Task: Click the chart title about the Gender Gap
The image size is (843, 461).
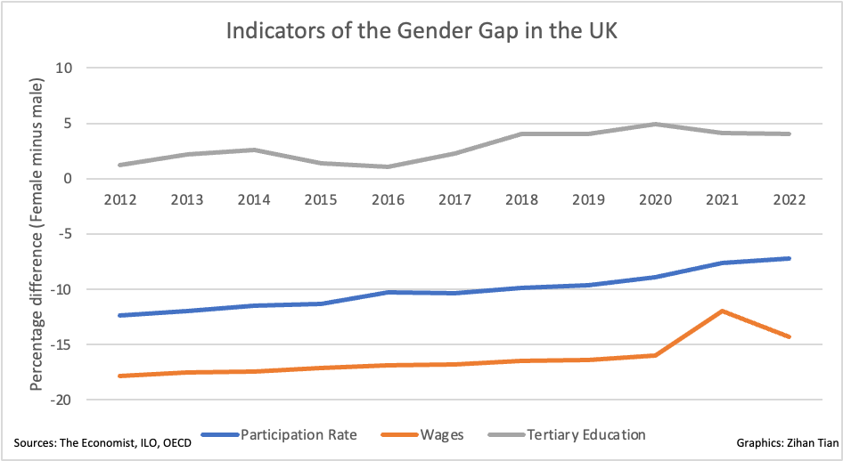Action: [x=421, y=31]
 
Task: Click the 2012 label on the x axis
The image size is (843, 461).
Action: [x=119, y=200]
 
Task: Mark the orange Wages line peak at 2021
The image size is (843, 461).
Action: [x=723, y=311]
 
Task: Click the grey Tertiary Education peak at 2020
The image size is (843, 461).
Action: [x=656, y=124]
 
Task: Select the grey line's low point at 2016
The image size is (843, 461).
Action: [x=388, y=166]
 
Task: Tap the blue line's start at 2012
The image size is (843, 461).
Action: [x=119, y=315]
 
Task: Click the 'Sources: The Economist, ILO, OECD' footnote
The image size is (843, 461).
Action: [x=102, y=442]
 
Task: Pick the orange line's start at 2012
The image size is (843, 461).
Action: [x=119, y=376]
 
